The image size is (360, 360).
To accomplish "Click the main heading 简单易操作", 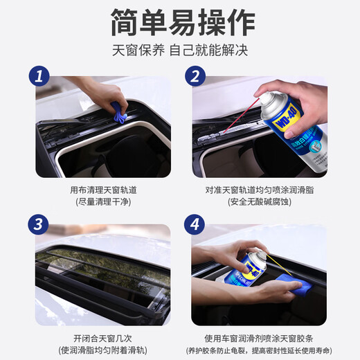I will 180,24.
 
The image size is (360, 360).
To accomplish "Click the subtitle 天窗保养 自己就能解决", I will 180,51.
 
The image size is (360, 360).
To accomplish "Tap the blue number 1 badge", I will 39,77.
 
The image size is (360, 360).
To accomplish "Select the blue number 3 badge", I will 39,224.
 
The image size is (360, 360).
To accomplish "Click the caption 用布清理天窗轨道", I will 103,190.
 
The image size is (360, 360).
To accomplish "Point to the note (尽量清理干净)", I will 103,202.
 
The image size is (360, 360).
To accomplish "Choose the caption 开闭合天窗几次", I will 103,336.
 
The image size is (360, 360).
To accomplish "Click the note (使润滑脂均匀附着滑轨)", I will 103,349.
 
